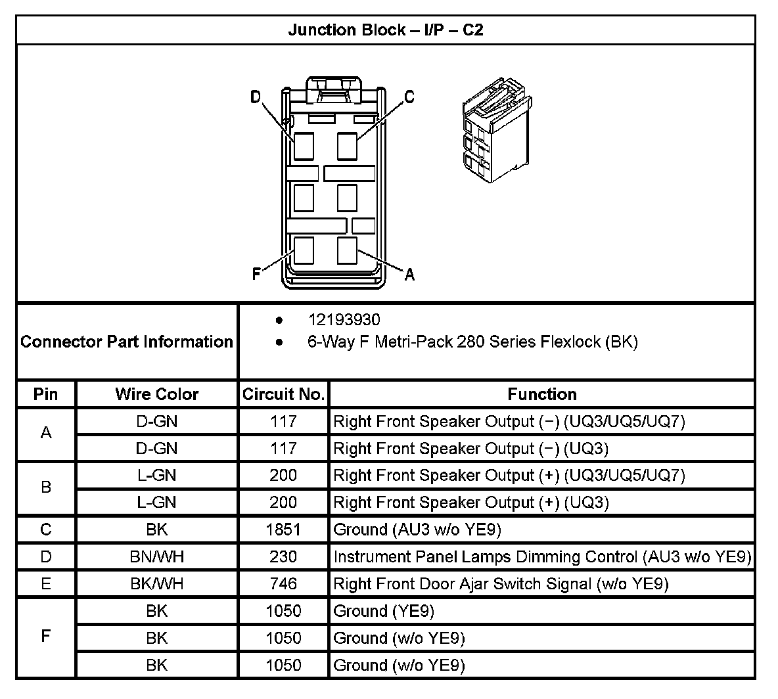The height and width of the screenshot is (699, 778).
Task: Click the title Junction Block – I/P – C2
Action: tap(386, 30)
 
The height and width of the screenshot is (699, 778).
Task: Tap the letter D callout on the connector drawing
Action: tap(256, 97)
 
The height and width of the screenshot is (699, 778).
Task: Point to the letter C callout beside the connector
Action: tap(409, 97)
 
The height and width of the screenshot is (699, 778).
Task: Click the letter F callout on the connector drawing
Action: tap(256, 274)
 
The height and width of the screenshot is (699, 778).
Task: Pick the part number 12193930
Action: tap(344, 320)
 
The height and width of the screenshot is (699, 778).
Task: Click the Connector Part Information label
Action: tap(127, 342)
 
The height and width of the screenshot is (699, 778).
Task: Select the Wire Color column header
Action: tap(156, 394)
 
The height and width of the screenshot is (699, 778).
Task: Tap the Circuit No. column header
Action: tap(283, 394)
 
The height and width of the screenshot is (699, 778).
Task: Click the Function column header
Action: tap(541, 394)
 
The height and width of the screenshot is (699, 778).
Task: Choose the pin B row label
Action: tap(46, 488)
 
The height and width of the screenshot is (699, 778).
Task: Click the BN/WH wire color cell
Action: tap(156, 557)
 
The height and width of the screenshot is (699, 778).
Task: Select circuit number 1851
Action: tap(283, 530)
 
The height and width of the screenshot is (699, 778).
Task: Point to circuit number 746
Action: tap(283, 584)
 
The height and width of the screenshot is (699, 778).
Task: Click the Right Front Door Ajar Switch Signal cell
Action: tap(501, 584)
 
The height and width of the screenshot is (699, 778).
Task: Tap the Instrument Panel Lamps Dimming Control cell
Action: tap(541, 557)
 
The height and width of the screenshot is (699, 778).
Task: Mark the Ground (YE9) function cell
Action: tap(384, 611)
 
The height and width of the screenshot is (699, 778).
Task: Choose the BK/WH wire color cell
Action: tap(156, 584)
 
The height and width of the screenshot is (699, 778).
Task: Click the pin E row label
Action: tap(46, 584)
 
